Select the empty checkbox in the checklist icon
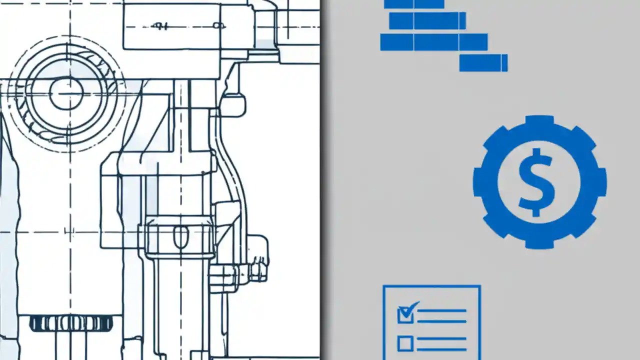click(x=405, y=343)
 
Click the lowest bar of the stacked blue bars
click(x=483, y=63)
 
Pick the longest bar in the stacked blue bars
click(x=433, y=42)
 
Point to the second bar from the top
click(x=427, y=21)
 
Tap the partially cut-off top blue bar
click(x=413, y=4)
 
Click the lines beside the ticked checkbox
click(x=441, y=316)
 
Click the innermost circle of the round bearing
click(x=65, y=93)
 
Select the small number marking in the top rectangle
click(x=160, y=25)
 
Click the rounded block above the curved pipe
click(x=233, y=105)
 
